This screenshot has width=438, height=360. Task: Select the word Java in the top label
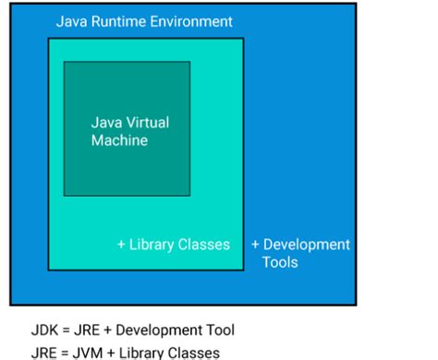pyautogui.click(x=70, y=20)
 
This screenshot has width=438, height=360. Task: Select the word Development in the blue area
pyautogui.click(x=307, y=245)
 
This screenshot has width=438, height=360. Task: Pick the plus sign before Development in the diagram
pyautogui.click(x=256, y=245)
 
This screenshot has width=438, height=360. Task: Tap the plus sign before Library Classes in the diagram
pyautogui.click(x=121, y=245)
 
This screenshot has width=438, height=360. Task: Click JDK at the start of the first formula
pyautogui.click(x=44, y=330)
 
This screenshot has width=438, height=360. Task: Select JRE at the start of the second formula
pyautogui.click(x=44, y=352)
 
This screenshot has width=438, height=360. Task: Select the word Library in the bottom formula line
pyautogui.click(x=144, y=352)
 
